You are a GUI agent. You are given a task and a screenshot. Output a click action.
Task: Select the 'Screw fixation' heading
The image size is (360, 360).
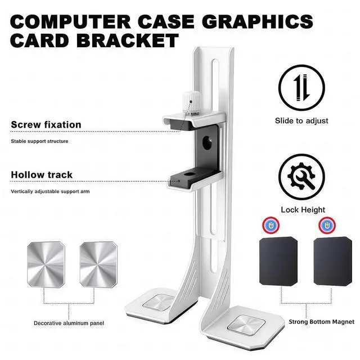click(x=46, y=124)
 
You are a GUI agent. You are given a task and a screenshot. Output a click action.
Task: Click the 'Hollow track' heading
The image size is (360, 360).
click(x=42, y=175)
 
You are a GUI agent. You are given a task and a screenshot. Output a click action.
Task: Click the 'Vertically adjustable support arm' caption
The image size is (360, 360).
click(x=50, y=192)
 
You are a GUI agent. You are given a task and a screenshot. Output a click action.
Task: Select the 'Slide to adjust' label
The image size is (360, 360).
click(x=301, y=120)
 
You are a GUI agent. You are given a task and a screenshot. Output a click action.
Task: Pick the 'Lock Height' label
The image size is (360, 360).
click(x=303, y=210)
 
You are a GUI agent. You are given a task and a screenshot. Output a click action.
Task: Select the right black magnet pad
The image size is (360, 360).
click(x=333, y=263)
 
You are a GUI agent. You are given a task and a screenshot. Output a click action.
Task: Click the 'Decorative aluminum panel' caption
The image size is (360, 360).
click(x=69, y=323)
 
